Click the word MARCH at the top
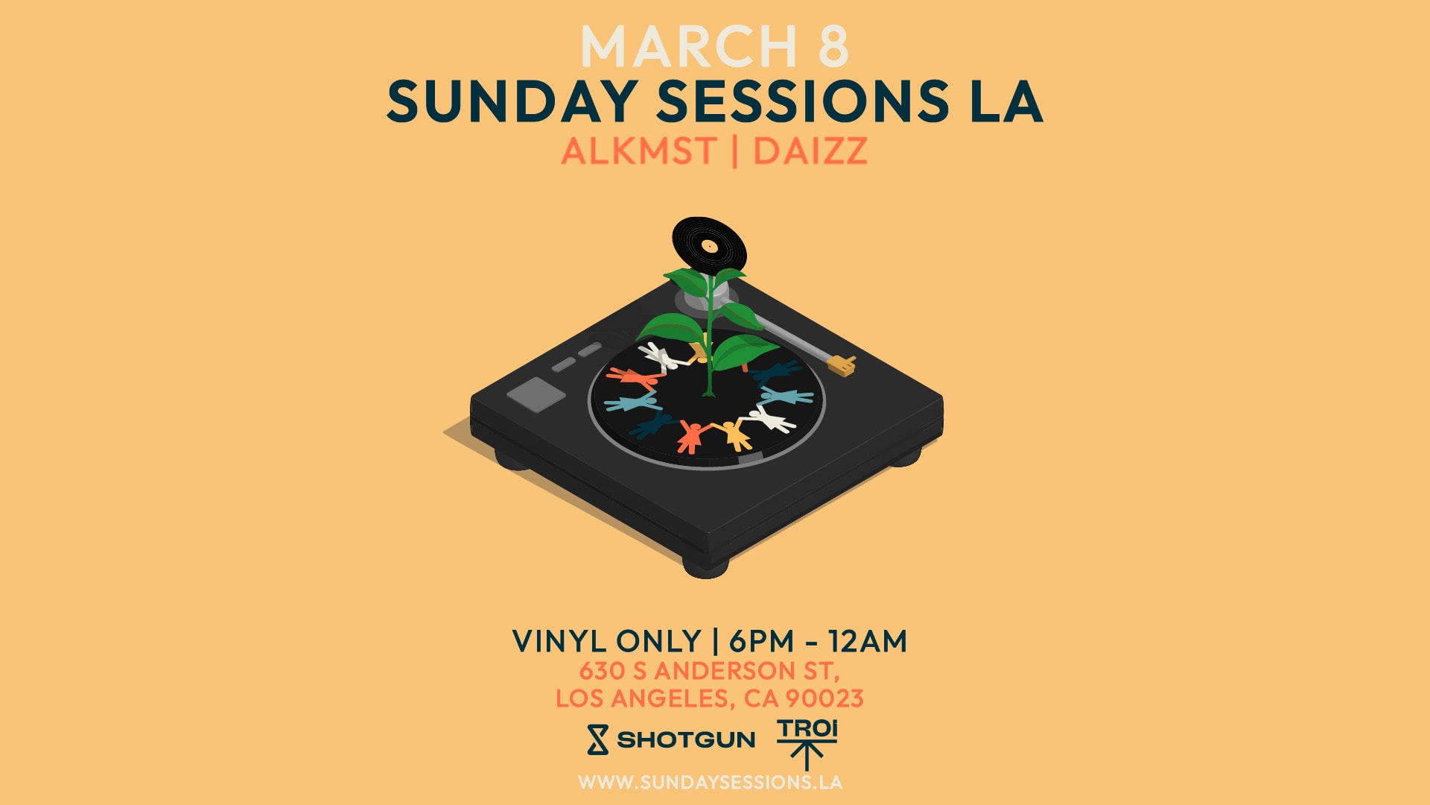689,47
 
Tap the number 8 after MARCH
833,47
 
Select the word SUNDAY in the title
511,101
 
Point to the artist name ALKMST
638,151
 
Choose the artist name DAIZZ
810,151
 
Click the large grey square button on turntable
536,393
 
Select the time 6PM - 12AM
818,642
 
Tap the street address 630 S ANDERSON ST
709,671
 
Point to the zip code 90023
824,698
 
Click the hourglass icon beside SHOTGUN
597,739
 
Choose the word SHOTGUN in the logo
686,740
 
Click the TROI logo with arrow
807,742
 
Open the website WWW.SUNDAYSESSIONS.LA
710,783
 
